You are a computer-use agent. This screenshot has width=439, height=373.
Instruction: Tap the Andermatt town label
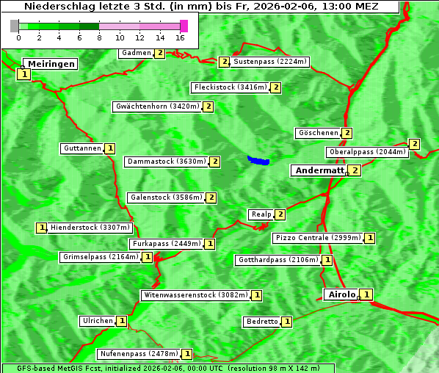tap(319, 170)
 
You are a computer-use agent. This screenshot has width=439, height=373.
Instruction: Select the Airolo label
tap(341, 294)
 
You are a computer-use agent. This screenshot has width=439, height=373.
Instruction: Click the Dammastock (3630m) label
tap(166, 161)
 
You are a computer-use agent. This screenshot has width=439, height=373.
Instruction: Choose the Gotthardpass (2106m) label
tap(277, 260)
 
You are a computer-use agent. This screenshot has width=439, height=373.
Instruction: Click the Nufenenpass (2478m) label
tap(139, 354)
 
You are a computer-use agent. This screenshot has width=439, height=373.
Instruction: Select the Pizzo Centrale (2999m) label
tap(318, 238)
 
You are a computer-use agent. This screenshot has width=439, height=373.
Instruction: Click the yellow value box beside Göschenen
tap(347, 133)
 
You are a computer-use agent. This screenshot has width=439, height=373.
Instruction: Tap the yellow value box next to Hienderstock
tap(41, 228)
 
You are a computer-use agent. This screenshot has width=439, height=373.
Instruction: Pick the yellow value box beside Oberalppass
tap(414, 144)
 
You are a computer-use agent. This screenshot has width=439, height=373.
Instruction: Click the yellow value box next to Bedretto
tap(287, 322)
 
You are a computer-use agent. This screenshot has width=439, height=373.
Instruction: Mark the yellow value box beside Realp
tap(280, 214)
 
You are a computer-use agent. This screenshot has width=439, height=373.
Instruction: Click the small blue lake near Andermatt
tap(258, 160)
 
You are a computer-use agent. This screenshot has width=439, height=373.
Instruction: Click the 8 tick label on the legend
tap(99, 37)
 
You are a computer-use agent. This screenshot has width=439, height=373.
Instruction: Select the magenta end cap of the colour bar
tap(184, 26)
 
